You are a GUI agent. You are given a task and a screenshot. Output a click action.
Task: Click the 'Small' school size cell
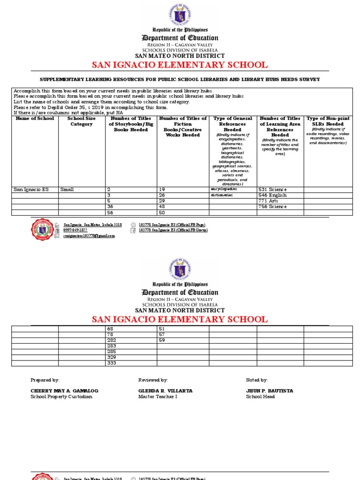(x=67, y=190)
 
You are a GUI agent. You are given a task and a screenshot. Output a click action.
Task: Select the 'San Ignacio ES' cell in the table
(x=31, y=190)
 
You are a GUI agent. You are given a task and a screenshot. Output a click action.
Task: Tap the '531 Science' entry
(x=272, y=190)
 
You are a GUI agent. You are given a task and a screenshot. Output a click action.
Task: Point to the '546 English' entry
(x=272, y=195)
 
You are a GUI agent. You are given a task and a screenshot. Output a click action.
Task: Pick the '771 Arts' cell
(x=269, y=201)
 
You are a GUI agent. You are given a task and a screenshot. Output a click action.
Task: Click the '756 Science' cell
(x=272, y=207)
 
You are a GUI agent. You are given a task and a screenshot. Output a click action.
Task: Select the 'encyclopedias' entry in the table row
(x=224, y=189)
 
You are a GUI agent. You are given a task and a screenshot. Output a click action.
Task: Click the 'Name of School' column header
(x=35, y=119)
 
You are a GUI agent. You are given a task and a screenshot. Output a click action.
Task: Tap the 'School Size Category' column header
(x=82, y=121)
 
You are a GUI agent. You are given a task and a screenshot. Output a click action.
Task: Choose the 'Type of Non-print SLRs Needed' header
(x=328, y=121)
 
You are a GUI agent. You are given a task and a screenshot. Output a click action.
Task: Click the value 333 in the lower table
(x=112, y=363)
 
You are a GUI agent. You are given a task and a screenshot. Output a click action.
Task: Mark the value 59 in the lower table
(x=162, y=340)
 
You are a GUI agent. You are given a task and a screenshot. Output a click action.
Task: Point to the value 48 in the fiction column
(x=162, y=207)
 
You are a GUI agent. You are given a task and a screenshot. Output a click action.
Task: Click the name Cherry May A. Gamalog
(x=64, y=391)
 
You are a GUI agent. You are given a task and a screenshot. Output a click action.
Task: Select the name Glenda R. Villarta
(x=165, y=391)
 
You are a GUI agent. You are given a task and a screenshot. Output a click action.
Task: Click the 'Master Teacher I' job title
(x=156, y=397)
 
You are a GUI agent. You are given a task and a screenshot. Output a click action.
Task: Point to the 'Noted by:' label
(x=256, y=380)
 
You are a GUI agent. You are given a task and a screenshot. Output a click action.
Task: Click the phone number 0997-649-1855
(x=75, y=230)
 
